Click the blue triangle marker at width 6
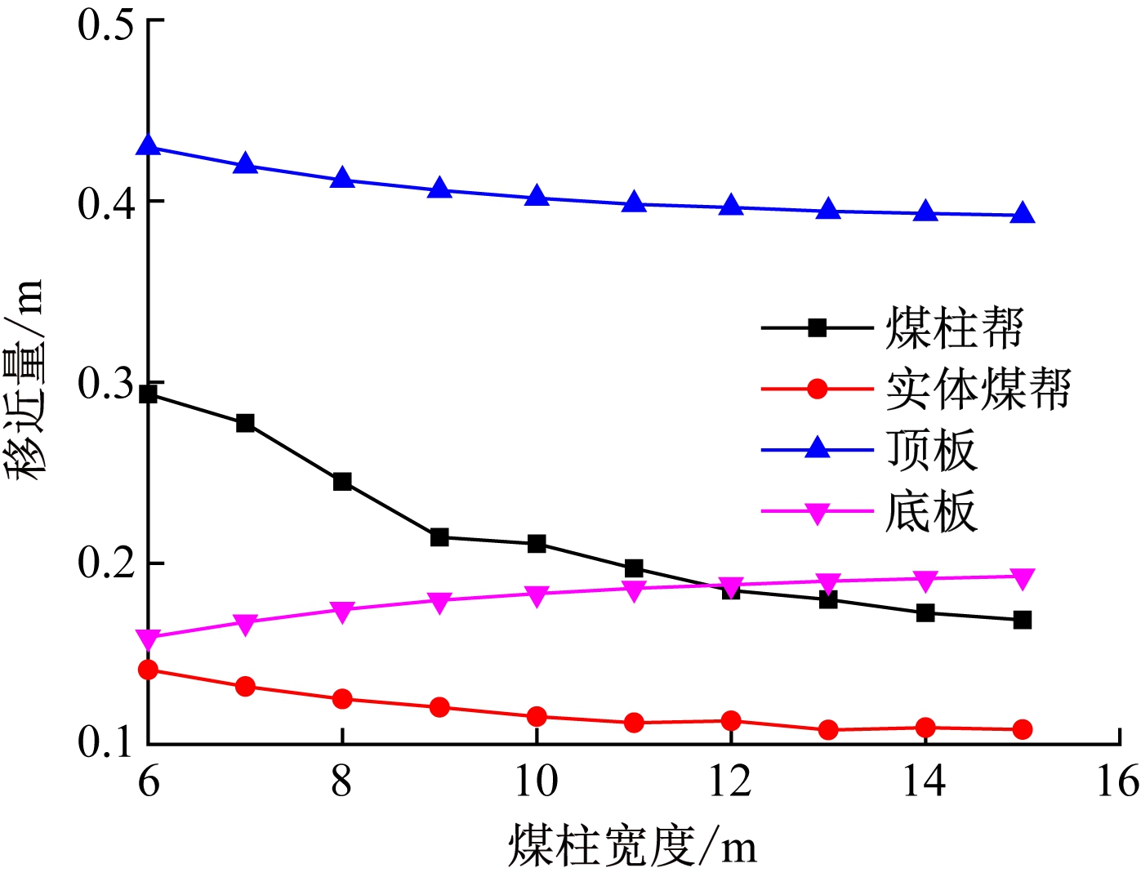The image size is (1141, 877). (x=148, y=145)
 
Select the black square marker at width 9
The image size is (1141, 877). (x=439, y=537)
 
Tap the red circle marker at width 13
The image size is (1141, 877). (x=828, y=730)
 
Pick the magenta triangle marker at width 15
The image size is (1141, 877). (x=1023, y=578)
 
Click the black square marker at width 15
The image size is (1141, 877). (x=1023, y=620)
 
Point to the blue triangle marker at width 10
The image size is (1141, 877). (x=537, y=196)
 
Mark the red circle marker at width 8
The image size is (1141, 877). (x=342, y=699)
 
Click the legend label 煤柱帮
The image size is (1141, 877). (x=954, y=328)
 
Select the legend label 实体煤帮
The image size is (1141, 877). (x=978, y=389)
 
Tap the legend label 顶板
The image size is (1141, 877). (x=931, y=450)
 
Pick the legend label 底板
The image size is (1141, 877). (x=931, y=512)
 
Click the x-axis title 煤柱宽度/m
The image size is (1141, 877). (x=632, y=846)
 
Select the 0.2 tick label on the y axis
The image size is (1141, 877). (x=105, y=563)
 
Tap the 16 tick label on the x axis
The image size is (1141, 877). (x=1117, y=781)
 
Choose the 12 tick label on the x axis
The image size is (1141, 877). (x=730, y=781)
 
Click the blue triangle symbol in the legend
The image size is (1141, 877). (x=817, y=448)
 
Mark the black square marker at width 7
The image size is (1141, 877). (x=245, y=423)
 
